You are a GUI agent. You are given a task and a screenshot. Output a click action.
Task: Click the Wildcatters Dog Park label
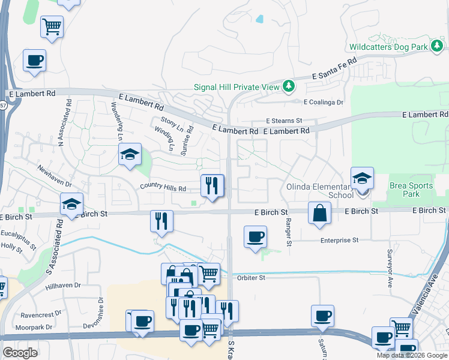tap(388, 46)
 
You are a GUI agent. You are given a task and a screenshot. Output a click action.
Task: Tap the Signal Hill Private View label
tap(237, 87)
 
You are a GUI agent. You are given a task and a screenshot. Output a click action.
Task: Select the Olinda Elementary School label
tap(325, 190)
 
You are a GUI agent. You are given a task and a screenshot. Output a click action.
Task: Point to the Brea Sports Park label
tap(411, 190)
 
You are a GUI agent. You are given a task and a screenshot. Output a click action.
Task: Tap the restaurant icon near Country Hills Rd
tap(211, 186)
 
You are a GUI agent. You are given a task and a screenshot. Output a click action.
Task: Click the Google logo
tap(20, 353)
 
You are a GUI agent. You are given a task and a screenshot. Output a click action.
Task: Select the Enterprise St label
tap(339, 239)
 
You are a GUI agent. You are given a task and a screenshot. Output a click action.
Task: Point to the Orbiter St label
tap(250, 278)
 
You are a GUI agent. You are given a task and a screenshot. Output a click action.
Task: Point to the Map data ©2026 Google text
tap(412, 355)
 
